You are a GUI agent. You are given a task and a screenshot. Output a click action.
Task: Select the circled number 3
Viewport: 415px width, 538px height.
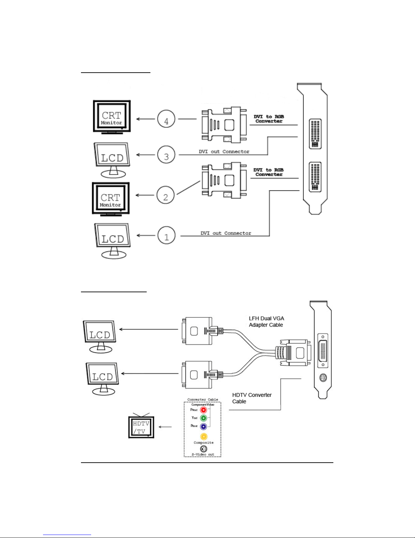tap(166, 156)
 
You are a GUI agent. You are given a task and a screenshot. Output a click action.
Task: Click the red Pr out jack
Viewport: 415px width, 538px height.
tap(203, 410)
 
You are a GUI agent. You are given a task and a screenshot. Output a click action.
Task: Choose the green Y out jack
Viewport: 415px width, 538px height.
tap(203, 418)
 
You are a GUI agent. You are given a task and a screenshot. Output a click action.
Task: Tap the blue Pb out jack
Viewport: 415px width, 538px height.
tap(203, 426)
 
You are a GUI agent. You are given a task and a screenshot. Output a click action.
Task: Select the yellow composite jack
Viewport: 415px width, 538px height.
tap(203, 437)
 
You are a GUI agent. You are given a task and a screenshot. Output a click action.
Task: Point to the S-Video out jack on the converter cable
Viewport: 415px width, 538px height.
tap(203, 449)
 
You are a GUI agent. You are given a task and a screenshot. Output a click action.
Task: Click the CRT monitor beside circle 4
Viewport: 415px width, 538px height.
tap(112, 117)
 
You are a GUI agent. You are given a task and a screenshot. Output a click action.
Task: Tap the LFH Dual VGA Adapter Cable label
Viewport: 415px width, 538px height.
tap(266, 321)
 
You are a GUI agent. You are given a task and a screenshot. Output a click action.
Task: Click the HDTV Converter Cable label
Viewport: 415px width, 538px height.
tap(252, 398)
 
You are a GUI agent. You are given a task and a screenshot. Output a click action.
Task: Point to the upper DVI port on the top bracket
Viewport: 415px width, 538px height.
tap(315, 134)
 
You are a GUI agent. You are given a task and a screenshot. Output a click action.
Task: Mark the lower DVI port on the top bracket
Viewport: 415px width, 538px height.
tap(315, 177)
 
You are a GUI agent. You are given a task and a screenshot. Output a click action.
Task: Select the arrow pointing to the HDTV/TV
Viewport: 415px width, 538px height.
tap(165, 427)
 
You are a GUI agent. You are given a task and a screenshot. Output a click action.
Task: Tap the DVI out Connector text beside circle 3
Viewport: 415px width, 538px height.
tap(224, 151)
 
